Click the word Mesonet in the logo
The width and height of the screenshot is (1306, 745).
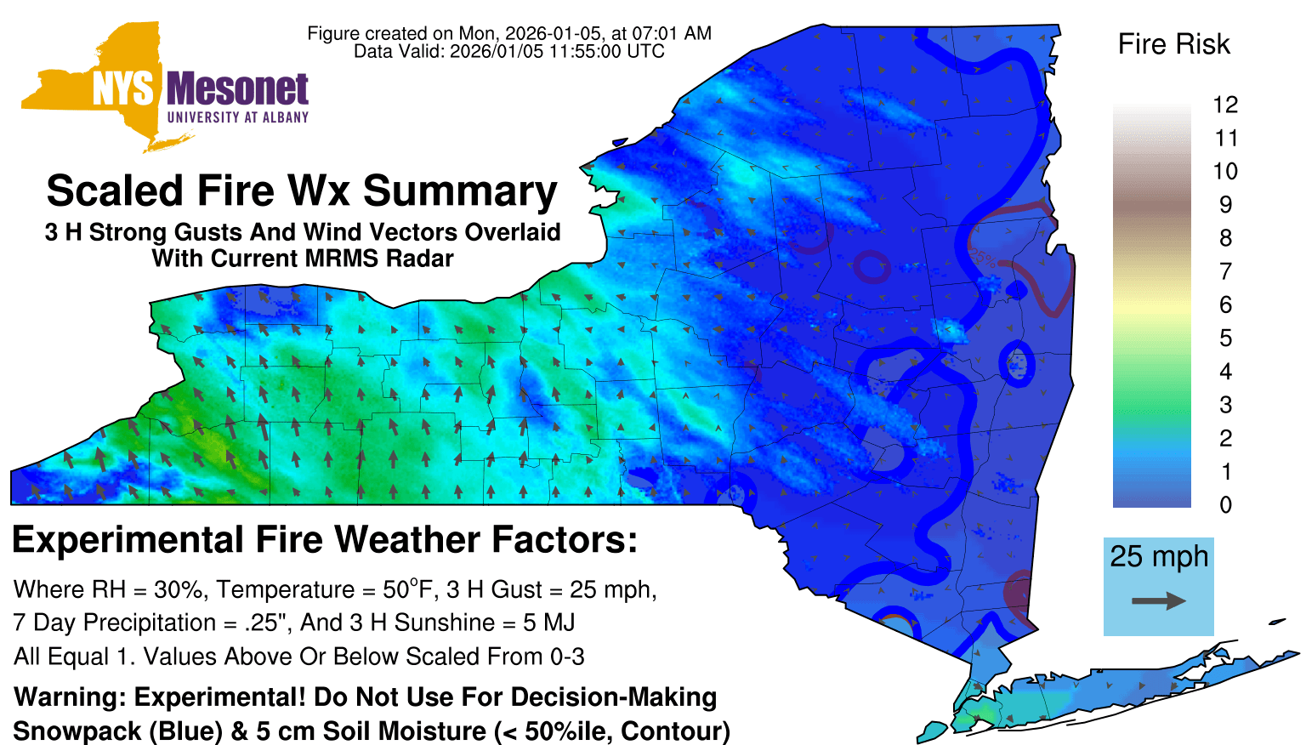point(237,89)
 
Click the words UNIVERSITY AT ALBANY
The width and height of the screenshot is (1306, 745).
point(238,117)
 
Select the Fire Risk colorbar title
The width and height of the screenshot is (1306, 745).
point(1173,44)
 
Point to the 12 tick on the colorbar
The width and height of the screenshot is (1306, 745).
point(1225,105)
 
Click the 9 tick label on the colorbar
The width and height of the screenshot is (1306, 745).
point(1225,205)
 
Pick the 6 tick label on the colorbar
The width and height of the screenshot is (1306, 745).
point(1225,304)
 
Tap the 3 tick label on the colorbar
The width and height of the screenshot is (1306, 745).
point(1225,405)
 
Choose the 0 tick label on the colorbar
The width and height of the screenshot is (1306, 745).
point(1225,505)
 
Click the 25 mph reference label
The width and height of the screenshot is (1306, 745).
point(1159,556)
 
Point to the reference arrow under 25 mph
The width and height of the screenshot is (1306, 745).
point(1159,601)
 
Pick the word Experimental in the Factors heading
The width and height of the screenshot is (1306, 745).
point(128,540)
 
